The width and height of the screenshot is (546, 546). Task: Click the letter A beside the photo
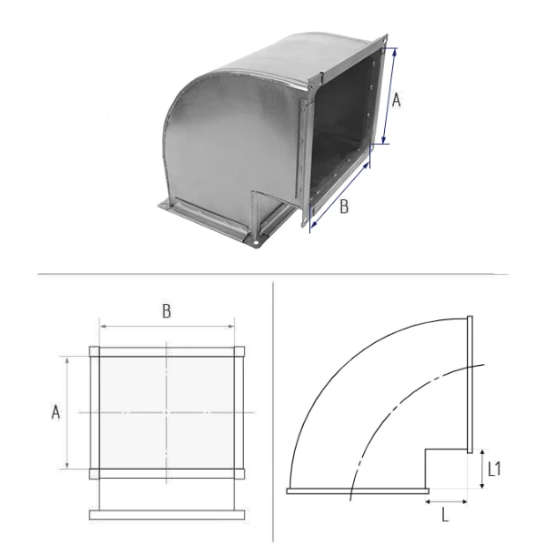[x=396, y=101]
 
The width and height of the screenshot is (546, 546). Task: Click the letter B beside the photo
[x=344, y=207]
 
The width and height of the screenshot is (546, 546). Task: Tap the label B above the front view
[x=167, y=311]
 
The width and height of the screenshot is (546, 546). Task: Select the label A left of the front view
[x=56, y=412]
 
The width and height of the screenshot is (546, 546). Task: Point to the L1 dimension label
[x=494, y=469]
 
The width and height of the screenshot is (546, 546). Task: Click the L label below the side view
[x=445, y=515]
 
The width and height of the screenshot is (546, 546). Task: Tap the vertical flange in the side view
[x=470, y=384]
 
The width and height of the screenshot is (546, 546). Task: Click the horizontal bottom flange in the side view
[x=358, y=491]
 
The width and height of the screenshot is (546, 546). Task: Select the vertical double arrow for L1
[x=482, y=469]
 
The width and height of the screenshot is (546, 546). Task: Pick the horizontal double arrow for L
[x=447, y=501]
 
